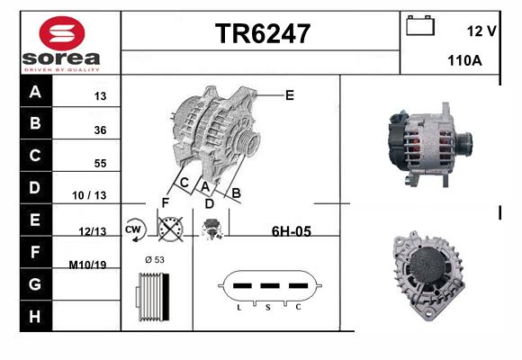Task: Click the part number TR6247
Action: point(263,33)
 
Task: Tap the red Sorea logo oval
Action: point(62,33)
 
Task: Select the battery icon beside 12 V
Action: point(420,25)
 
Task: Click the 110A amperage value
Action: point(464,60)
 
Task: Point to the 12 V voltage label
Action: point(481,31)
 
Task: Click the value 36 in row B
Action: point(100,130)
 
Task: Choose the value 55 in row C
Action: point(100,163)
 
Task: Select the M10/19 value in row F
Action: point(87,265)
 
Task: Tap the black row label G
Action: point(35,284)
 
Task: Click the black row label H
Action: point(35,316)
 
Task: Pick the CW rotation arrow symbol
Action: point(135,229)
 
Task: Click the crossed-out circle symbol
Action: point(170,229)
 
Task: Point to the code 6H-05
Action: point(292,231)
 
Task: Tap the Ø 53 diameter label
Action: point(155,259)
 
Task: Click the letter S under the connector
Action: point(268,308)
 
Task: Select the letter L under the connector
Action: point(239,308)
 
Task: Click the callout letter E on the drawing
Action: point(290,95)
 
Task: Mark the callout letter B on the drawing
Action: point(236,193)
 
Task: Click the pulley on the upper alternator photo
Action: point(464,143)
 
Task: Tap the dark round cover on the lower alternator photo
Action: point(427,265)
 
